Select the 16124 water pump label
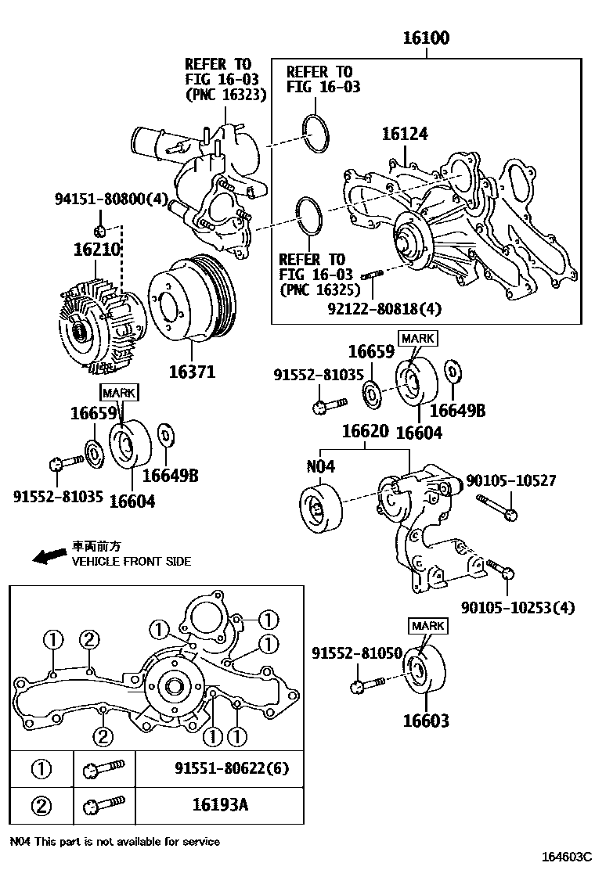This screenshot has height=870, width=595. [x=405, y=135]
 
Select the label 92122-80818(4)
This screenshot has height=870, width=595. [x=385, y=308]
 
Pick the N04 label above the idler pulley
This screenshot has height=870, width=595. [x=320, y=466]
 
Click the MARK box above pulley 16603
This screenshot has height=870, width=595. [x=427, y=625]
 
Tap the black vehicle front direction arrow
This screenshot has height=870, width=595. [x=50, y=555]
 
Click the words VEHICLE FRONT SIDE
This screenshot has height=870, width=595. [x=131, y=561]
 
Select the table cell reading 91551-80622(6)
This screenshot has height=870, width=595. [x=232, y=768]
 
